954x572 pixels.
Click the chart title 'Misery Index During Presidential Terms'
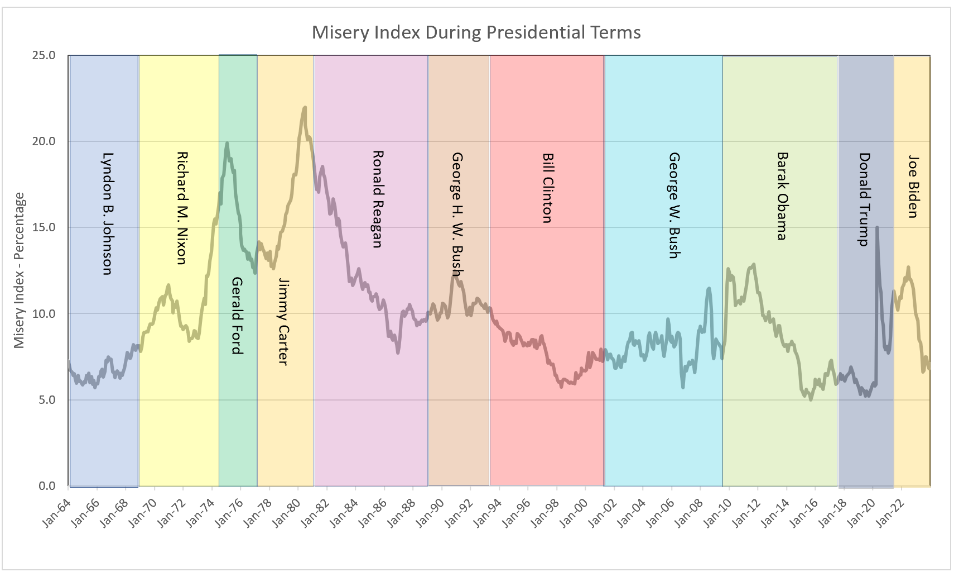pos(476,32)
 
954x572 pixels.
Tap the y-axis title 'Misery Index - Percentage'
pos(20,270)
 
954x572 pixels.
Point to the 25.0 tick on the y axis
pos(44,55)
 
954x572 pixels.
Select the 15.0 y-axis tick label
pos(44,227)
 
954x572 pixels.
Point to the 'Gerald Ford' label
pos(237,315)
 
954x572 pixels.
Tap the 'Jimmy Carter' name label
pos(283,322)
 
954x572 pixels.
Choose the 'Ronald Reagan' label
pos(378,199)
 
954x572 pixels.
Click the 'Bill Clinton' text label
pos(547,188)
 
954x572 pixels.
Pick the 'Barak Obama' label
pos(782,196)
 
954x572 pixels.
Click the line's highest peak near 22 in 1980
pos(305,107)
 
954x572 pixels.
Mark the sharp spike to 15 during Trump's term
pos(877,227)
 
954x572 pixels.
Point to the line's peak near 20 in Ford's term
pos(227,143)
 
